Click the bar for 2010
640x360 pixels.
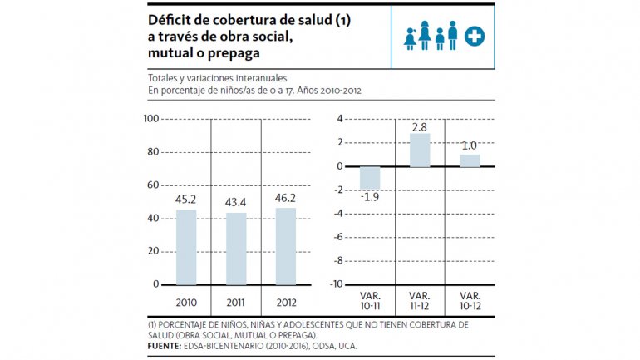point(186,247)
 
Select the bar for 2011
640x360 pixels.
point(236,249)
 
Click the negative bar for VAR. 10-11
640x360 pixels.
point(370,178)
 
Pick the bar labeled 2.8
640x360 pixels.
point(420,150)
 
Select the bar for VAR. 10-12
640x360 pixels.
point(470,160)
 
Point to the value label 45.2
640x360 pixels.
point(186,200)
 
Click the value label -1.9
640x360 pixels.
point(369,197)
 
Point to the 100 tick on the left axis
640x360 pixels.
point(151,119)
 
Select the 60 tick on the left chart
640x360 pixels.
point(154,185)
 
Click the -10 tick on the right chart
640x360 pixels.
point(337,284)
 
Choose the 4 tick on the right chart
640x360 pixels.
point(340,119)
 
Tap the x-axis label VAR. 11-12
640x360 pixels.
point(420,301)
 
